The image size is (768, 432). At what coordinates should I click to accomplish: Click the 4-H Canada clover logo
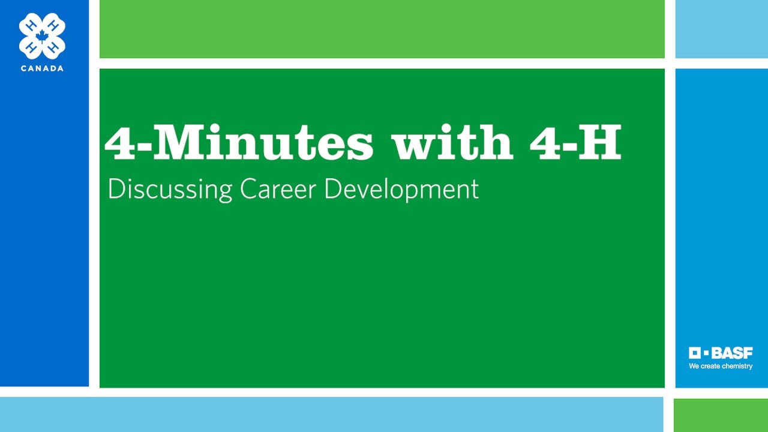point(42,35)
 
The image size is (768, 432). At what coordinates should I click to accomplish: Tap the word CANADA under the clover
point(42,68)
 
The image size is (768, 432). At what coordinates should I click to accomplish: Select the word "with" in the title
point(452,142)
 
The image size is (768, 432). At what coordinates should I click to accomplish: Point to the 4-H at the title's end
point(575,142)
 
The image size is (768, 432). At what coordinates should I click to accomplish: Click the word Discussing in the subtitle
point(170,190)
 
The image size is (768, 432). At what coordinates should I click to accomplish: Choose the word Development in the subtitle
point(401,190)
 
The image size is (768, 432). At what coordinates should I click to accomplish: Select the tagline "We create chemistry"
point(720,366)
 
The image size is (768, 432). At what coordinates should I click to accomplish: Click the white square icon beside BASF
point(695,353)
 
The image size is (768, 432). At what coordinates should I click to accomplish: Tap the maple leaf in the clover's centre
point(42,35)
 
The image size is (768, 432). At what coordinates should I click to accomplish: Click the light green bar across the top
point(382,29)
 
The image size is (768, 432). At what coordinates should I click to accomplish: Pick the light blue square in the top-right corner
point(721,29)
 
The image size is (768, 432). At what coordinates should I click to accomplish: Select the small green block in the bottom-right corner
point(721,415)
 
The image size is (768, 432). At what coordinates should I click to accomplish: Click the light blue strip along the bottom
point(331,415)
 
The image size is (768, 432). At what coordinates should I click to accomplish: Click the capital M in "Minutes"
point(178,142)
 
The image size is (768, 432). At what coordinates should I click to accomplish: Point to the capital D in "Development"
point(332,188)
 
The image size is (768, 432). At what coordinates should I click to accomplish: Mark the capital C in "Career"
point(248,188)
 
